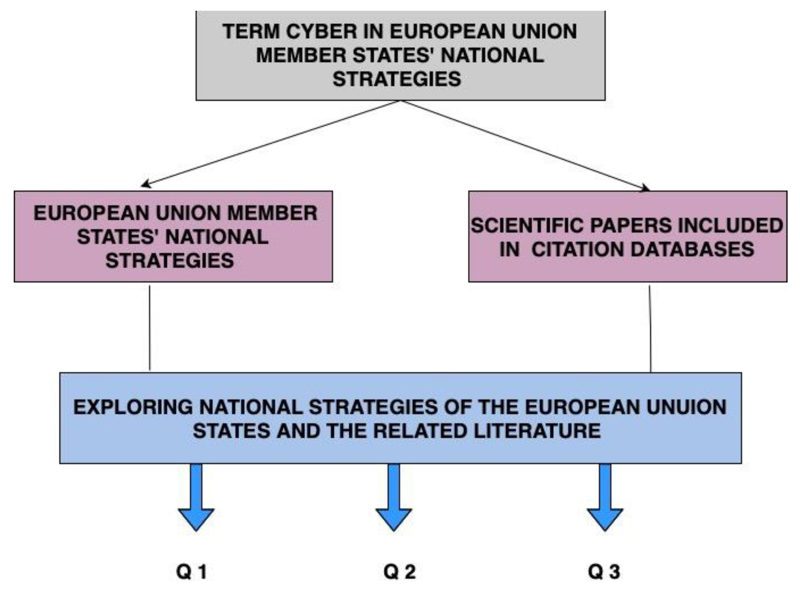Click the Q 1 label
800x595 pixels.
click(x=192, y=572)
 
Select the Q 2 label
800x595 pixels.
click(x=399, y=572)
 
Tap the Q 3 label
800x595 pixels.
click(x=604, y=572)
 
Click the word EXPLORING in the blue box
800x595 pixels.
click(x=133, y=407)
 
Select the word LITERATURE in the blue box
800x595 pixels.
click(x=537, y=431)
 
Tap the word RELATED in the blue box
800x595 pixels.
click(x=420, y=431)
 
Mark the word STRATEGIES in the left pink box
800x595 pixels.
click(x=170, y=261)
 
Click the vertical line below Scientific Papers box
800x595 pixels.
click(x=650, y=328)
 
